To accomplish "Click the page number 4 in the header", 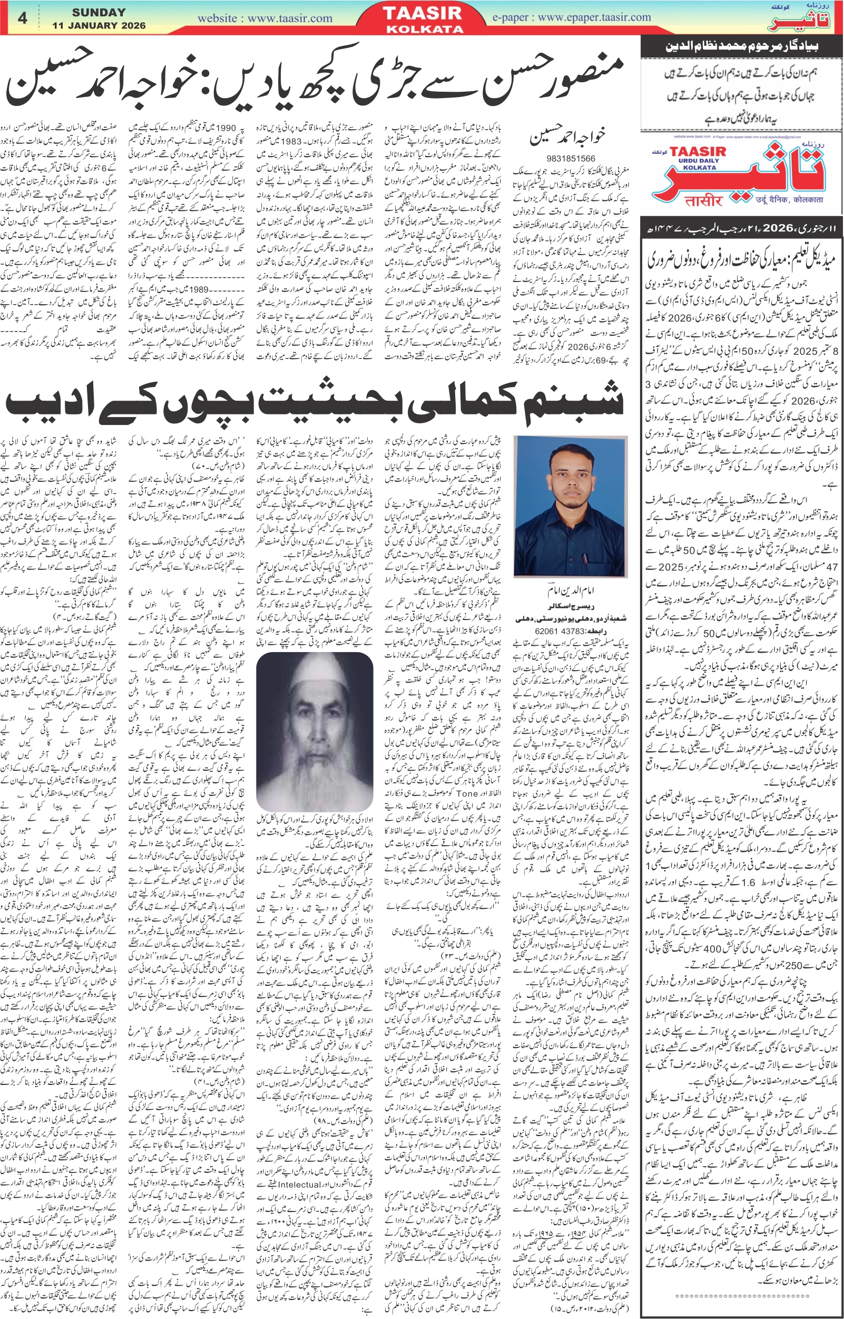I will point(22,18).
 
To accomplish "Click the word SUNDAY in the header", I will point(99,12).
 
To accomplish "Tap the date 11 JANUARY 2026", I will point(99,25).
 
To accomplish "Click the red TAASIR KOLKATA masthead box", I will point(425,17).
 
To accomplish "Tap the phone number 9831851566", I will point(567,159).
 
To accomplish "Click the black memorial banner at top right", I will point(741,47).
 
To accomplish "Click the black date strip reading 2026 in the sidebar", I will point(741,228).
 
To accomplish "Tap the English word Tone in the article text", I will point(466,793).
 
